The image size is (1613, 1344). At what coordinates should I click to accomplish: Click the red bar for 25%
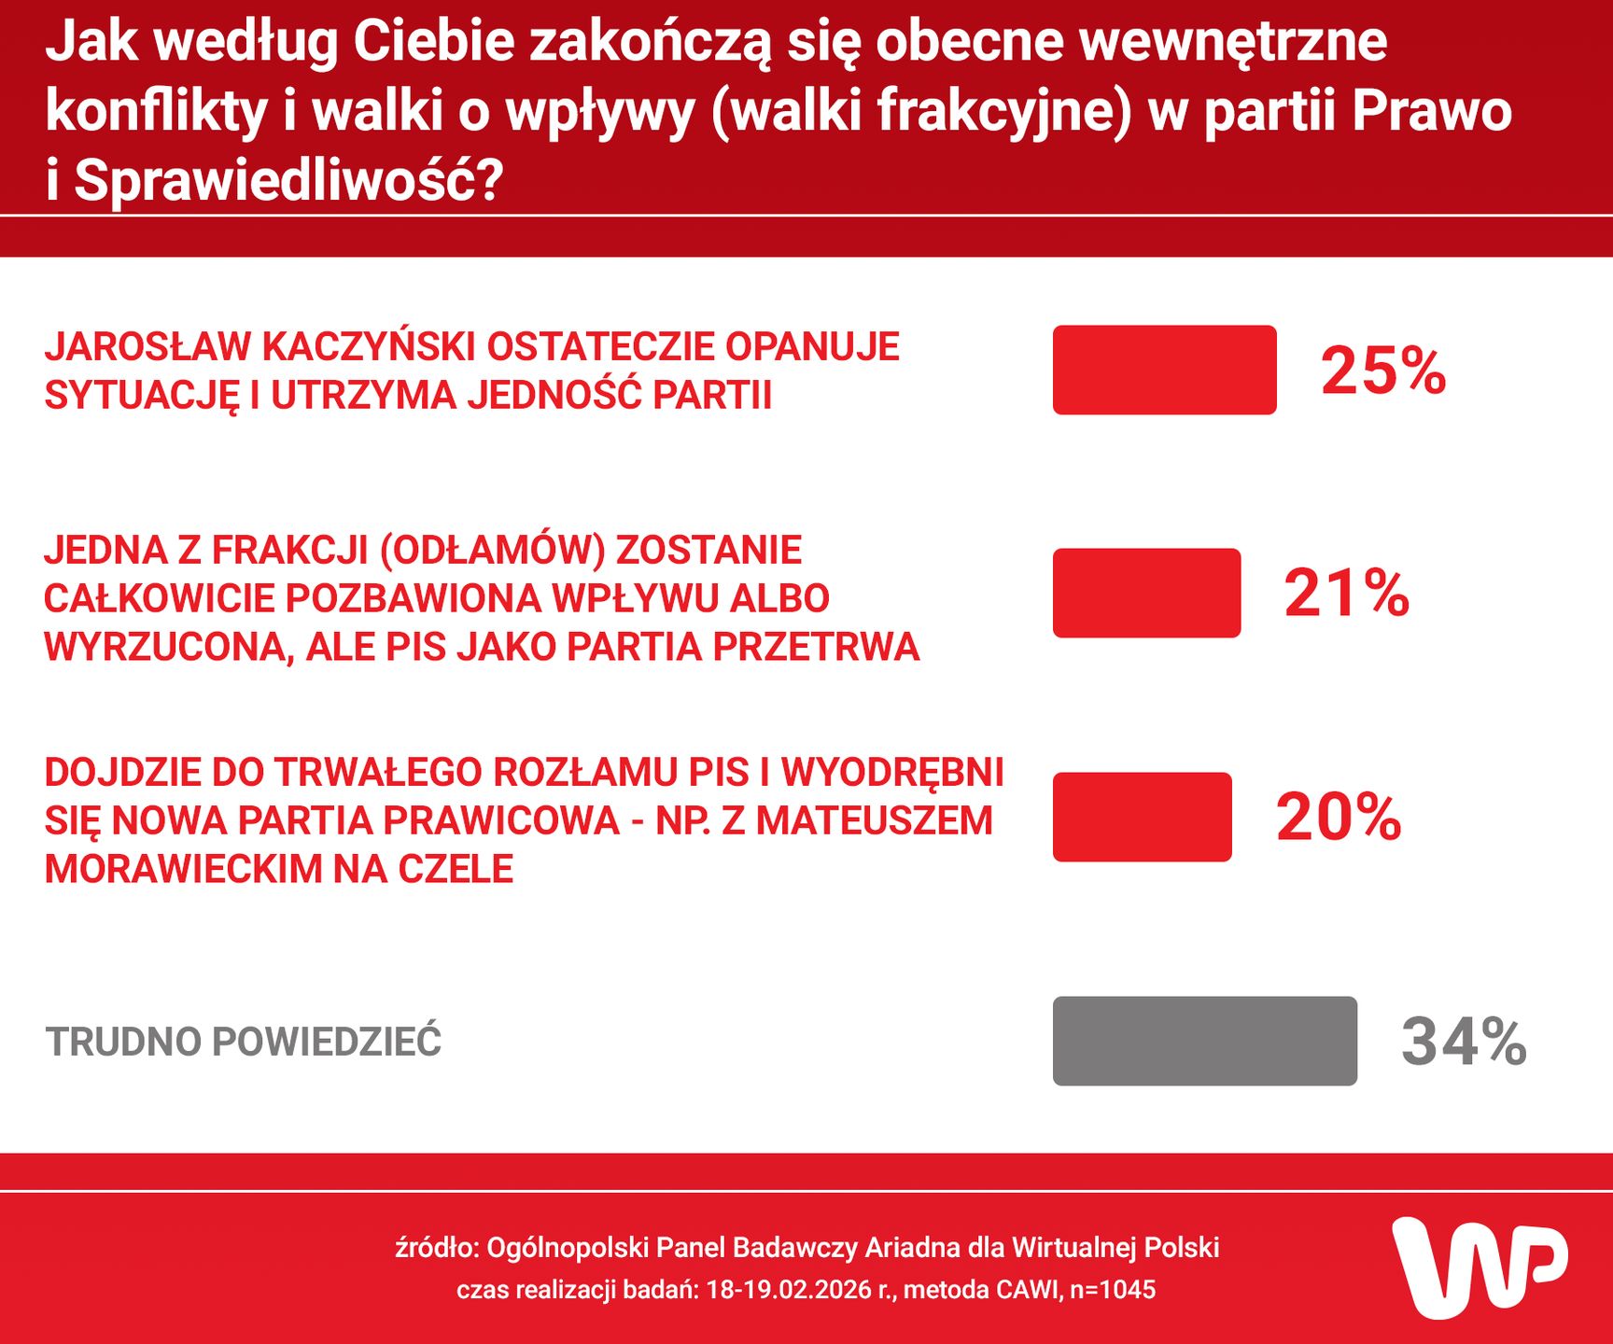pos(1164,370)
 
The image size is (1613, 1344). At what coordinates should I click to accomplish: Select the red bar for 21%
pos(1146,593)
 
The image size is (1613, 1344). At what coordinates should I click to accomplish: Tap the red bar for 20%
pos(1142,817)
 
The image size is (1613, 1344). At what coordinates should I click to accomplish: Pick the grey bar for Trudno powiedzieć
pos(1204,1041)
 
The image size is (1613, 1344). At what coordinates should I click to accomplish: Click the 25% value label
pos(1383,371)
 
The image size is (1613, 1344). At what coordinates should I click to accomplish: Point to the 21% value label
pos(1346,594)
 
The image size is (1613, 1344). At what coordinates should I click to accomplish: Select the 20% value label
pos(1339,818)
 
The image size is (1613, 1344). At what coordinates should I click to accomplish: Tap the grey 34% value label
pos(1464,1042)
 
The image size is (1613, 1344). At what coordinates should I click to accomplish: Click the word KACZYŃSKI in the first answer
pos(370,346)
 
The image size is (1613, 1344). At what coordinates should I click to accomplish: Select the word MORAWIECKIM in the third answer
pos(184,869)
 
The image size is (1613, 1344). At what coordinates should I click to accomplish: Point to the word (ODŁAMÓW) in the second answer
pos(493,550)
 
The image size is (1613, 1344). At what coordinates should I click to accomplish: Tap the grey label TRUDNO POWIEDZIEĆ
pos(243,1042)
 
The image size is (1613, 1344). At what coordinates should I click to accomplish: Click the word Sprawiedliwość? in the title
pos(288,179)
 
